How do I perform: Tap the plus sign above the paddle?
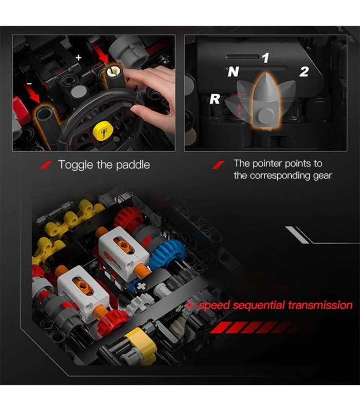pyautogui.click(x=79, y=58)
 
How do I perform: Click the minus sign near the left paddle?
pyautogui.click(x=29, y=84)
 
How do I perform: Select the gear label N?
pyautogui.click(x=233, y=71)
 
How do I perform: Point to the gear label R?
pyautogui.click(x=214, y=99)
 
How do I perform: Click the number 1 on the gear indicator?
pyautogui.click(x=266, y=58)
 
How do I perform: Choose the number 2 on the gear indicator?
pyautogui.click(x=304, y=71)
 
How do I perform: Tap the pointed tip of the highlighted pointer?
pyautogui.click(x=266, y=73)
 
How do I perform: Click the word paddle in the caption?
pyautogui.click(x=133, y=165)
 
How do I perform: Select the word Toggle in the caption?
pyautogui.click(x=76, y=165)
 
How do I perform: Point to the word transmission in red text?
pyautogui.click(x=320, y=305)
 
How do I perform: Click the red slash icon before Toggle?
pyautogui.click(x=46, y=165)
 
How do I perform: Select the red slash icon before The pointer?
pyautogui.click(x=218, y=165)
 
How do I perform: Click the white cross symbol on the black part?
pyautogui.click(x=141, y=287)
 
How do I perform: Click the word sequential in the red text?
pyautogui.click(x=259, y=305)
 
